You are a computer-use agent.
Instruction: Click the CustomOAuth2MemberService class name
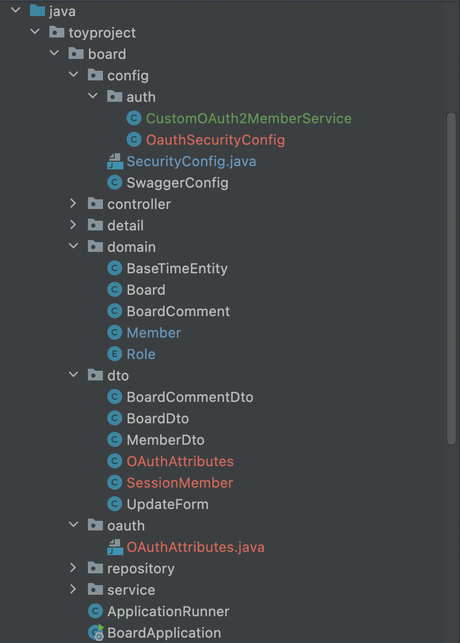point(249,118)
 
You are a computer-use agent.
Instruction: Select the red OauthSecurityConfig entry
point(215,140)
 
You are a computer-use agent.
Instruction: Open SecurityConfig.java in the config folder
point(191,161)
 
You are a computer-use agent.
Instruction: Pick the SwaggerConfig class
point(177,183)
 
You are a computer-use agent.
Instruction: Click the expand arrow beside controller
point(73,204)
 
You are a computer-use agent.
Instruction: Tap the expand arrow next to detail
point(73,225)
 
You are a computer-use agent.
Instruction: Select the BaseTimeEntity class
point(177,268)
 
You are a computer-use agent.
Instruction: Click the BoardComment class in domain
point(178,311)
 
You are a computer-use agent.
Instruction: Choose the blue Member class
point(154,333)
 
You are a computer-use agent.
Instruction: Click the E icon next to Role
point(114,354)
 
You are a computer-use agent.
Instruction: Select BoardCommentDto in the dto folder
point(190,397)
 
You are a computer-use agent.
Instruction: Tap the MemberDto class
point(165,440)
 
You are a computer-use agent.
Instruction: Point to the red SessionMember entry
point(180,483)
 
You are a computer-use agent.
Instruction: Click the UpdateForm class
point(167,504)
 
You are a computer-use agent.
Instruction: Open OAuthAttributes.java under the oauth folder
point(195,547)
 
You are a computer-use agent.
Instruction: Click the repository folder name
point(140,569)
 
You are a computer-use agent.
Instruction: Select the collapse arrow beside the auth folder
point(93,96)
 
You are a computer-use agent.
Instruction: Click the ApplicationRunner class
point(168,611)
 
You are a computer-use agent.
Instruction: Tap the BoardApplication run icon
point(96,632)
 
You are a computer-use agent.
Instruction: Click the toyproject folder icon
point(57,32)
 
